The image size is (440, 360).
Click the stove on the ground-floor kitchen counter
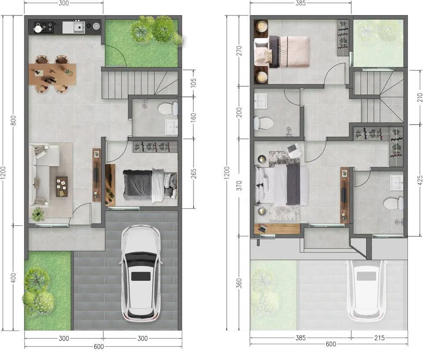[x=44, y=27]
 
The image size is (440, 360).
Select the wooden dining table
[x=52, y=74]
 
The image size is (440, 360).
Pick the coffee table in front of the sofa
[x=62, y=187]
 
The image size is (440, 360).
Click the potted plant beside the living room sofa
[x=37, y=215]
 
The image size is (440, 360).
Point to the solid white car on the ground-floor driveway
[x=141, y=273]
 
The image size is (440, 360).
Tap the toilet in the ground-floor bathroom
[x=168, y=109]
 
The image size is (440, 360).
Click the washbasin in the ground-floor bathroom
[x=172, y=127]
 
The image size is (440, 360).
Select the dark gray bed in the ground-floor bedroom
[x=150, y=185]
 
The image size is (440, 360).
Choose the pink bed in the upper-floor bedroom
[x=282, y=52]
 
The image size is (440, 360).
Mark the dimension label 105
[x=193, y=82]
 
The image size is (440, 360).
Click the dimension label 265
[x=193, y=174]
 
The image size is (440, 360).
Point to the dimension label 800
[x=13, y=121]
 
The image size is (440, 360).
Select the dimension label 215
[x=379, y=338]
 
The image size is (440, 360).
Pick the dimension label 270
[x=239, y=51]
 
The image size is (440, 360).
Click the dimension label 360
[x=239, y=283]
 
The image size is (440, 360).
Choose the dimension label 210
[x=420, y=97]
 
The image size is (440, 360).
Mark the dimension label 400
[x=13, y=278]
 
